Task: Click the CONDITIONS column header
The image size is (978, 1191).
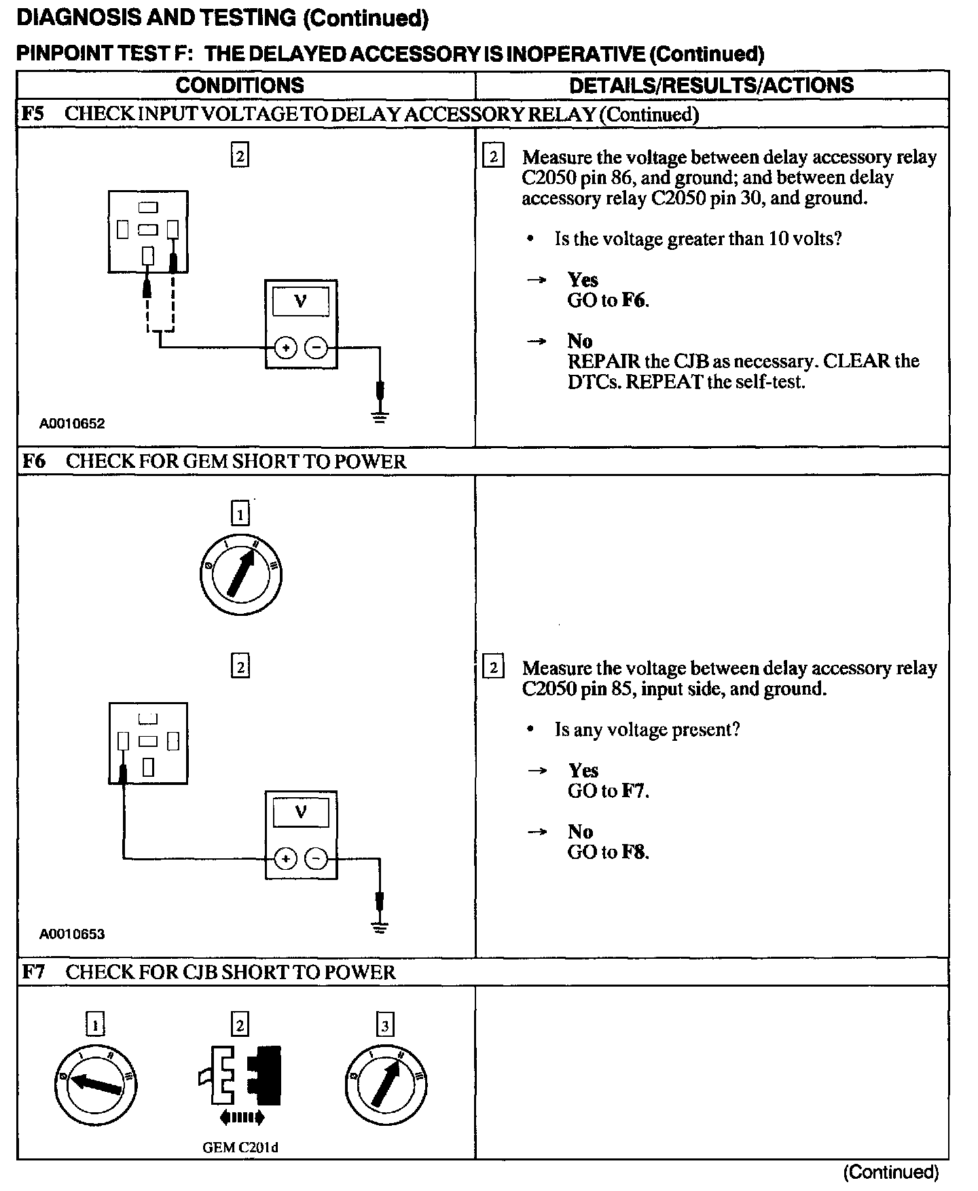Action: pos(240,86)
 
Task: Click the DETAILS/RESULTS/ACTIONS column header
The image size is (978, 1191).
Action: pos(711,86)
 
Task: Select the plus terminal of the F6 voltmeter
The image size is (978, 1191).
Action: pos(286,859)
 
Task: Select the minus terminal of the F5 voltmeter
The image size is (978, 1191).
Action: pos(316,348)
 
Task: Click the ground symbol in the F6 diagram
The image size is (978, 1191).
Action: pos(380,927)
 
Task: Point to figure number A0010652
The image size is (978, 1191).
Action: pos(72,424)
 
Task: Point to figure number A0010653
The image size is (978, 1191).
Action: pos(72,934)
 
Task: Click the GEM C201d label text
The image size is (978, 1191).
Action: pos(240,1148)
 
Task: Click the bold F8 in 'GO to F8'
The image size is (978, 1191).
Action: pos(634,852)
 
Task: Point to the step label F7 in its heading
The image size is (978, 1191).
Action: pos(33,972)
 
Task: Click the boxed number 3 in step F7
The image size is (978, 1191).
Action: pos(385,1025)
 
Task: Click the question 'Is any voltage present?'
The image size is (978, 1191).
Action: pos(647,730)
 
